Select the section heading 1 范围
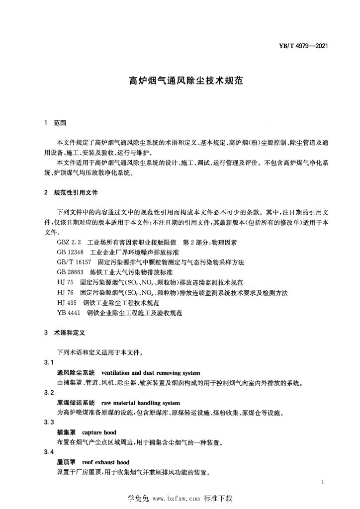pyautogui.click(x=55, y=122)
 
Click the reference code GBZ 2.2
pyautogui.click(x=70, y=242)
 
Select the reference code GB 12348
pyautogui.click(x=71, y=253)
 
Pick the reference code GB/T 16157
pyautogui.click(x=75, y=262)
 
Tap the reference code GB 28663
pyautogui.click(x=71, y=272)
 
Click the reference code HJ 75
pyautogui.click(x=66, y=283)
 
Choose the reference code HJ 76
pyautogui.click(x=66, y=293)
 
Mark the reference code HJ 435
pyautogui.click(x=67, y=303)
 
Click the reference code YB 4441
pyautogui.click(x=70, y=313)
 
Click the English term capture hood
pyautogui.click(x=99, y=432)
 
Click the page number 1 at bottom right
pyautogui.click(x=323, y=483)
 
